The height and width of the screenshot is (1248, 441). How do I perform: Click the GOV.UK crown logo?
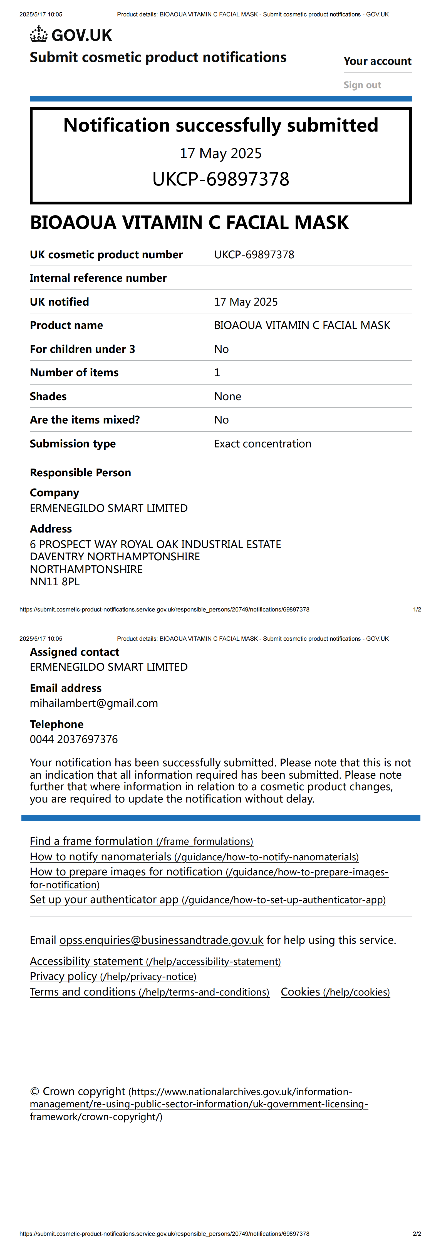39,35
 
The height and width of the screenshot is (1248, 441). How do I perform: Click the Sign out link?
362,85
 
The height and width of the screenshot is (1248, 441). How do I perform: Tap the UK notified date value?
246,302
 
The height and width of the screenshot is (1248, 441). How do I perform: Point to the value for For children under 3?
221,349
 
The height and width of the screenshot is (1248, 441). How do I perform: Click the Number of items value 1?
217,373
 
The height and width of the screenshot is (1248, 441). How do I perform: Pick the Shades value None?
227,396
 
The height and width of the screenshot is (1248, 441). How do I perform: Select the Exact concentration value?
262,444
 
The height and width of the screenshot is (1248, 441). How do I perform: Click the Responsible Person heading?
80,473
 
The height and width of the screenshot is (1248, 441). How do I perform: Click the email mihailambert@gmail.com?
93,703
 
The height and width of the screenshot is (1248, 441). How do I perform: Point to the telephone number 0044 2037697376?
74,739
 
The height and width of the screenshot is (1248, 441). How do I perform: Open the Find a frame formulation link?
141,841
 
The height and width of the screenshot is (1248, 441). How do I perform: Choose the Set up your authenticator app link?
207,900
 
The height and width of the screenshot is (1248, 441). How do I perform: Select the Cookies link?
335,992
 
